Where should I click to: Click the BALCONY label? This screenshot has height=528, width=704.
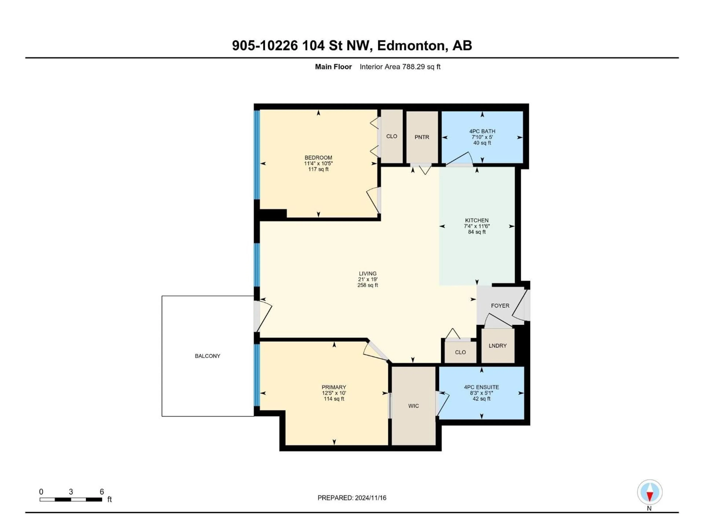click(208, 356)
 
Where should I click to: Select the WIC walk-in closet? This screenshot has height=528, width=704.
click(413, 406)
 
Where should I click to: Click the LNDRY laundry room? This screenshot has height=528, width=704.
click(497, 346)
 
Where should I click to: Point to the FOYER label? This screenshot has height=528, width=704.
click(500, 306)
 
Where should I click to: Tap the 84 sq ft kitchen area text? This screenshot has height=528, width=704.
click(477, 232)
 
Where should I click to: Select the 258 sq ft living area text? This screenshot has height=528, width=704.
click(368, 285)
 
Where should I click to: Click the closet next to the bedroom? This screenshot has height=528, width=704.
click(391, 136)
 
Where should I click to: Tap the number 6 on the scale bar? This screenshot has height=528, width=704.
click(102, 492)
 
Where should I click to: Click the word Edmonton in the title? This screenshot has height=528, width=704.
click(410, 45)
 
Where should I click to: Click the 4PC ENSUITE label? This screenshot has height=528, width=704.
click(481, 387)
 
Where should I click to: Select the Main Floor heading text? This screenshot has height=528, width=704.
click(333, 67)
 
